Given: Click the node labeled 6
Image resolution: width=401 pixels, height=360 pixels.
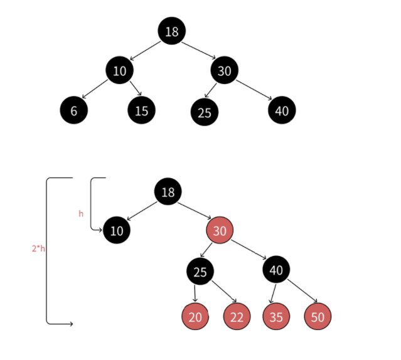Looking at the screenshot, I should pyautogui.click(x=73, y=110).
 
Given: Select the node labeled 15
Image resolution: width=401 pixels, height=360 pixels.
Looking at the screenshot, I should pyautogui.click(x=141, y=110).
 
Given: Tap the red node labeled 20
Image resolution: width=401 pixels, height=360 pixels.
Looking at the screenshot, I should pyautogui.click(x=195, y=316).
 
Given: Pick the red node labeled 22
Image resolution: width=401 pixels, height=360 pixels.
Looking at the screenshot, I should pyautogui.click(x=237, y=316).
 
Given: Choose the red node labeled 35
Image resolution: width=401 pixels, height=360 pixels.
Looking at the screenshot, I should pyautogui.click(x=276, y=316).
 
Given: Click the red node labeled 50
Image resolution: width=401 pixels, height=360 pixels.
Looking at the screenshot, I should pyautogui.click(x=318, y=316).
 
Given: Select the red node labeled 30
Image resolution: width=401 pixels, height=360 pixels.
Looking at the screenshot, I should pyautogui.click(x=220, y=231).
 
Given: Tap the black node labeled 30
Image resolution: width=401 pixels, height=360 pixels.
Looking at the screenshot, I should pyautogui.click(x=224, y=70).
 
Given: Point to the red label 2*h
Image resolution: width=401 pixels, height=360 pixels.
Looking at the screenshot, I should pyautogui.click(x=38, y=248).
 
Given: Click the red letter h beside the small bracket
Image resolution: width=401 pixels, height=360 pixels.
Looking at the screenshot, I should pyautogui.click(x=80, y=214).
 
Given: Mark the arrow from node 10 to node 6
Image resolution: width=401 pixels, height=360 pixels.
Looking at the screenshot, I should pyautogui.click(x=95, y=88).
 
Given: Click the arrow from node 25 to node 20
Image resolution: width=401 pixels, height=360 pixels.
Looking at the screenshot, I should pyautogui.click(x=195, y=293).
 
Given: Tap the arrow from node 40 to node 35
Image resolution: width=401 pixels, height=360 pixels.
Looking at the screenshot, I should pyautogui.click(x=272, y=293).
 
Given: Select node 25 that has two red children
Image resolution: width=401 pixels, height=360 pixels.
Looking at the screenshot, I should pyautogui.click(x=200, y=271).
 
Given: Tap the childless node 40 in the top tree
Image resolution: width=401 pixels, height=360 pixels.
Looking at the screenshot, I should pyautogui.click(x=281, y=110).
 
